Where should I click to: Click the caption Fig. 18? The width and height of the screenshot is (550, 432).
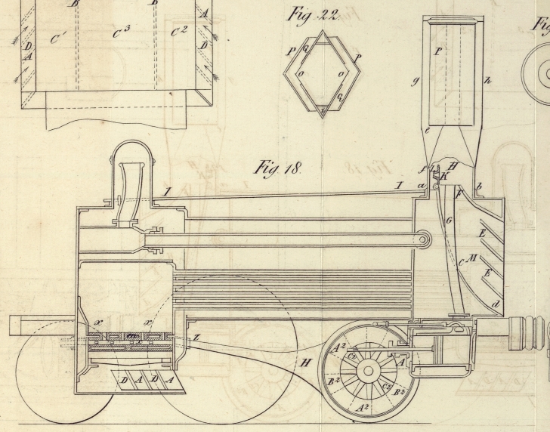tap(277, 169)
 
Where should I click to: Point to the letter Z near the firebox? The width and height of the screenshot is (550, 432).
tap(196, 338)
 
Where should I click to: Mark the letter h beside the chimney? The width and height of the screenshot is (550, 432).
tap(487, 79)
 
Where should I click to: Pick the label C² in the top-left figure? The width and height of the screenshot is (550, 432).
tap(179, 31)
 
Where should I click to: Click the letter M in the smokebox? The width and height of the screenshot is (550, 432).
tap(473, 259)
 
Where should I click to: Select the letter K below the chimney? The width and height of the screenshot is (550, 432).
tap(444, 176)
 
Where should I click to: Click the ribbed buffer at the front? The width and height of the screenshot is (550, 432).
tap(527, 332)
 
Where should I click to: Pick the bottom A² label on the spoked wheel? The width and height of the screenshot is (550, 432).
tap(363, 408)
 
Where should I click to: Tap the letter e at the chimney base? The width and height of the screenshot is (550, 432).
tap(428, 131)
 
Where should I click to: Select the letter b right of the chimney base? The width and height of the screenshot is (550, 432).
tap(478, 187)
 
